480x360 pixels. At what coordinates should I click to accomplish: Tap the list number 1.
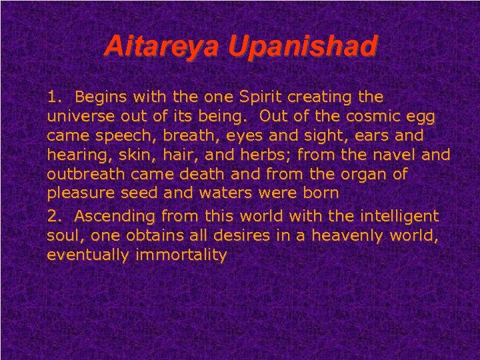(53, 97)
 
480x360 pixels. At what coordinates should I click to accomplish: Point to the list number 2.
(53, 216)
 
